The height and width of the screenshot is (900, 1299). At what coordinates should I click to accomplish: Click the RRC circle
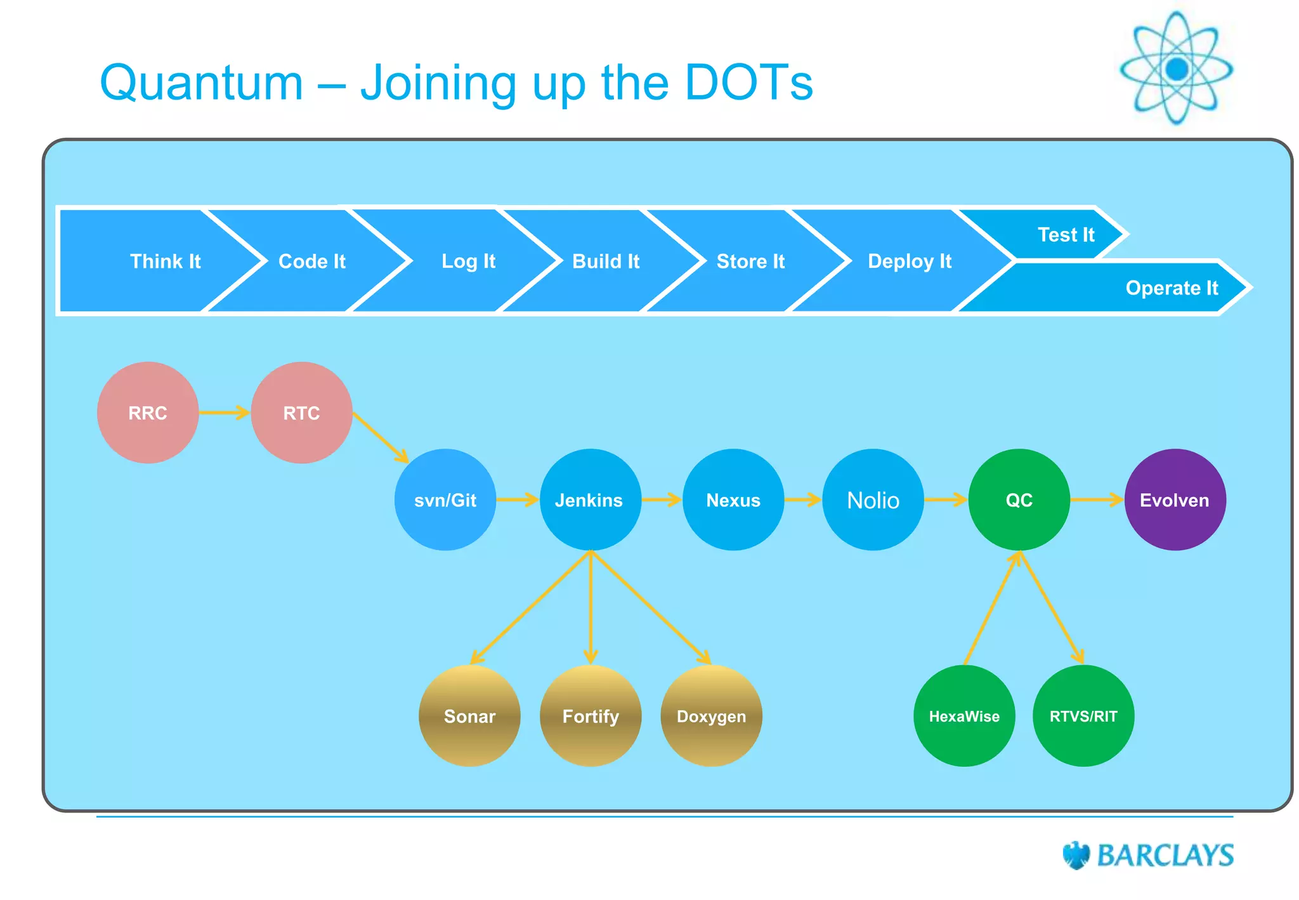(148, 413)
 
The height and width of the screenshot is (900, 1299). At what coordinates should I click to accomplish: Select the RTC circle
(301, 413)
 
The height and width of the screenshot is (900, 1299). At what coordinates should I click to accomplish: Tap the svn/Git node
(445, 500)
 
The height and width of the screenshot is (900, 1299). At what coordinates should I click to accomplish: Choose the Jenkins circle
(590, 500)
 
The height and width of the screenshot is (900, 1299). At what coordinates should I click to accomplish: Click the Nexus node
(733, 500)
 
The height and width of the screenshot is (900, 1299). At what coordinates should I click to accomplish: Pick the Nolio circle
(873, 500)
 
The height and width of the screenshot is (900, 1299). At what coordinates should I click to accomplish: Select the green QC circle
(1019, 500)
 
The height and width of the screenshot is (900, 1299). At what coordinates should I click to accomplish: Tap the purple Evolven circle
(1175, 500)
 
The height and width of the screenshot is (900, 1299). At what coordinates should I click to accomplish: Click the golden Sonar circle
(469, 716)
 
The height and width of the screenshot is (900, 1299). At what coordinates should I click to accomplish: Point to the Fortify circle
(591, 716)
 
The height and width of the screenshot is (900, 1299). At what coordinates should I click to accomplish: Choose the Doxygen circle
(711, 716)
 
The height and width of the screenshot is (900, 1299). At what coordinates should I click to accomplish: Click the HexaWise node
(964, 716)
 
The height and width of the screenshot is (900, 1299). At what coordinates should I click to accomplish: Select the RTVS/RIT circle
(1083, 716)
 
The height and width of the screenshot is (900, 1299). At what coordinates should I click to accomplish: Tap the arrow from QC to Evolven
(1097, 500)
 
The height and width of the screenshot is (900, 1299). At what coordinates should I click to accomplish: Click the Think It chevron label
(165, 261)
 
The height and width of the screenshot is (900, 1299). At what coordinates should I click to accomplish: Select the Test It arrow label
(1066, 235)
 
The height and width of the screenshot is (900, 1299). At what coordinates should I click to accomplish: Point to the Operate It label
(1172, 288)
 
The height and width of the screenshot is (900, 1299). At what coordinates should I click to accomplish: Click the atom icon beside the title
(1177, 68)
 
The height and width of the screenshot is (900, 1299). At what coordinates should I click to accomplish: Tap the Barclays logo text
(1165, 856)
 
